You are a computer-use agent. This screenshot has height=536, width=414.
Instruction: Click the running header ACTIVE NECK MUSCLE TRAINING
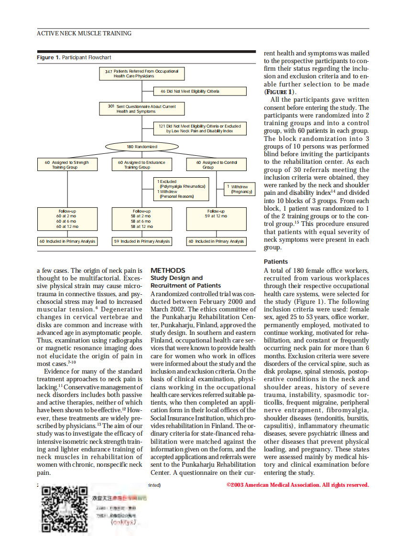pyautogui.click(x=84, y=33)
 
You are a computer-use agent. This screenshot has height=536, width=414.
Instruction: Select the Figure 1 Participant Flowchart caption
pyautogui.click(x=74, y=57)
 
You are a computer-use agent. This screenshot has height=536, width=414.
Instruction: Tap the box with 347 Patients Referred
pyautogui.click(x=142, y=74)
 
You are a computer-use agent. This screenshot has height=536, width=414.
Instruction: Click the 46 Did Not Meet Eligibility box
pyautogui.click(x=200, y=91)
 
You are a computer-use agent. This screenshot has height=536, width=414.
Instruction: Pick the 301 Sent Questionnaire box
pyautogui.click(x=142, y=109)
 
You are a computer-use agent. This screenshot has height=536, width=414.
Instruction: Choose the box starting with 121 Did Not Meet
pyautogui.click(x=200, y=128)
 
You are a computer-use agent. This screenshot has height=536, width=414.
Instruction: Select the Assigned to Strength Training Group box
pyautogui.click(x=66, y=165)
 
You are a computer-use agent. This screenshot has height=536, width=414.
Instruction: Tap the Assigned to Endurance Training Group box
pyautogui.click(x=142, y=165)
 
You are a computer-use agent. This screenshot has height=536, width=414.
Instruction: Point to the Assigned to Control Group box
pyautogui.click(x=217, y=165)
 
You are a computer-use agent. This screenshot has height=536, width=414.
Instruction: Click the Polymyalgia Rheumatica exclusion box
pyautogui.click(x=182, y=189)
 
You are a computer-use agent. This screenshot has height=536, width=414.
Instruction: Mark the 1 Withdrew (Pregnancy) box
pyautogui.click(x=240, y=189)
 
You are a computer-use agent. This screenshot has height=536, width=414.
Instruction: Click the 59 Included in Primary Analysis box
pyautogui.click(x=142, y=242)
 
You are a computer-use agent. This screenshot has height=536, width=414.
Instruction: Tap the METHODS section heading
pyautogui.click(x=167, y=270)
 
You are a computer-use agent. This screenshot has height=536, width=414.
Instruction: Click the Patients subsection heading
pyautogui.click(x=276, y=261)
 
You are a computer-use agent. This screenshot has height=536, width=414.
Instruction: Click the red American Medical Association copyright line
pyautogui.click(x=297, y=485)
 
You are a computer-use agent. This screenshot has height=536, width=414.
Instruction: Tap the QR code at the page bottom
pyautogui.click(x=65, y=509)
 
